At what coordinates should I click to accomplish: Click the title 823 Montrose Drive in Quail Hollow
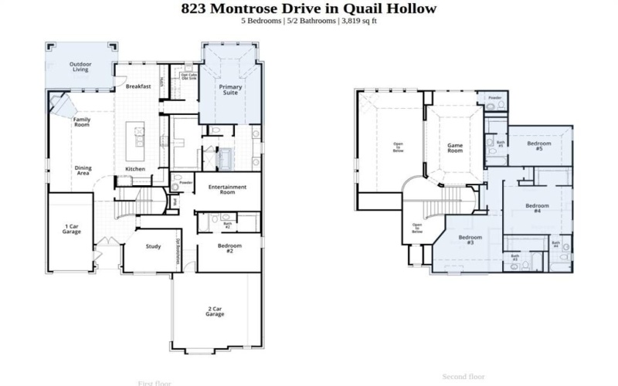[x=308, y=9]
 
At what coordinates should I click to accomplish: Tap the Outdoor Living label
[x=80, y=66]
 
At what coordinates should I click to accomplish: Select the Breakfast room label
[x=138, y=86]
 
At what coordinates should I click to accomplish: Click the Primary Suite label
[x=230, y=90]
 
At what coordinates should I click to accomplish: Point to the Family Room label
[x=81, y=122]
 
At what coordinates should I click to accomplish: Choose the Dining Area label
[x=83, y=170]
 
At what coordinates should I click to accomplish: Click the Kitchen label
[x=135, y=169]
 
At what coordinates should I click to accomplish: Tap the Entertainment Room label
[x=227, y=189]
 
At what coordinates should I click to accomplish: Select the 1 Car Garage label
[x=71, y=229]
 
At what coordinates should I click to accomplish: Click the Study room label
[x=153, y=247]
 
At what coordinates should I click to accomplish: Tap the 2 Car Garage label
[x=216, y=312]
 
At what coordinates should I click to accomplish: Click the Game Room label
[x=455, y=148]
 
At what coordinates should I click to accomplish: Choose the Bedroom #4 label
[x=537, y=208]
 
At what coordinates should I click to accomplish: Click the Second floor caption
[x=463, y=377]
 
